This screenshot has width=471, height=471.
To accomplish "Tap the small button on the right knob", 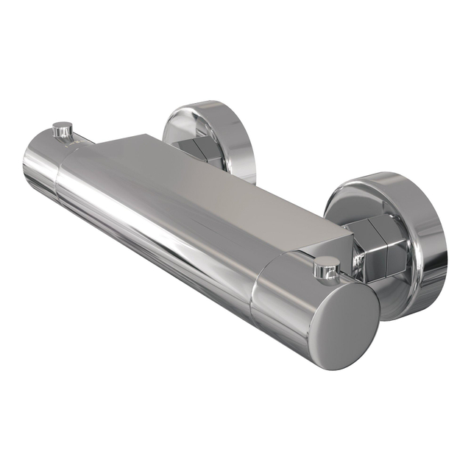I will pyautogui.click(x=325, y=266).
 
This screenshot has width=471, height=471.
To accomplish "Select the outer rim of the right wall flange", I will pyautogui.click(x=434, y=235).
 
